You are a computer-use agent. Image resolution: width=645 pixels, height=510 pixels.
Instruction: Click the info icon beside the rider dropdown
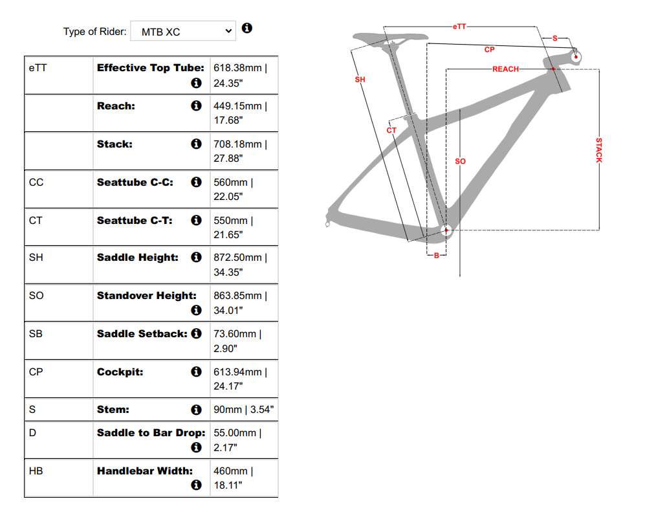tap(246, 28)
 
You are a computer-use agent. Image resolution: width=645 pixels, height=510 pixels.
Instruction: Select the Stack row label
tap(115, 144)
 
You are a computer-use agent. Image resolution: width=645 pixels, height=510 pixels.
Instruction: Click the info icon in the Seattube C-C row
tap(196, 183)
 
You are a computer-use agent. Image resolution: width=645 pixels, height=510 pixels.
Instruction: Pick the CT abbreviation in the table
tap(36, 220)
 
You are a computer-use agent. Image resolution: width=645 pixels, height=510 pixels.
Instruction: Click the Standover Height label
tap(147, 296)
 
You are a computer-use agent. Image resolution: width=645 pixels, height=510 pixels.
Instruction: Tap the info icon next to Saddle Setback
tap(196, 333)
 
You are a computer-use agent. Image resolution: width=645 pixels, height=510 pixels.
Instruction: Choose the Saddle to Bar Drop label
tap(151, 433)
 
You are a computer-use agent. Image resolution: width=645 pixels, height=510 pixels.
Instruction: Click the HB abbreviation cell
tap(36, 471)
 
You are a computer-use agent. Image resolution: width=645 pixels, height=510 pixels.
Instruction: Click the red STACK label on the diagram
tap(598, 150)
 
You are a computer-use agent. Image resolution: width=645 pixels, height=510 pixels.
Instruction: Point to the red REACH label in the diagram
tap(505, 69)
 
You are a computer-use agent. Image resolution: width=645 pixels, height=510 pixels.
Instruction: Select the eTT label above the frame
tap(459, 27)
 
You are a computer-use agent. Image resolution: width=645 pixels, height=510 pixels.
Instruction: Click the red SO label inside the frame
tap(460, 161)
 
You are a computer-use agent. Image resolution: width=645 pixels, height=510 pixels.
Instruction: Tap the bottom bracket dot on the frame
tap(445, 230)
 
